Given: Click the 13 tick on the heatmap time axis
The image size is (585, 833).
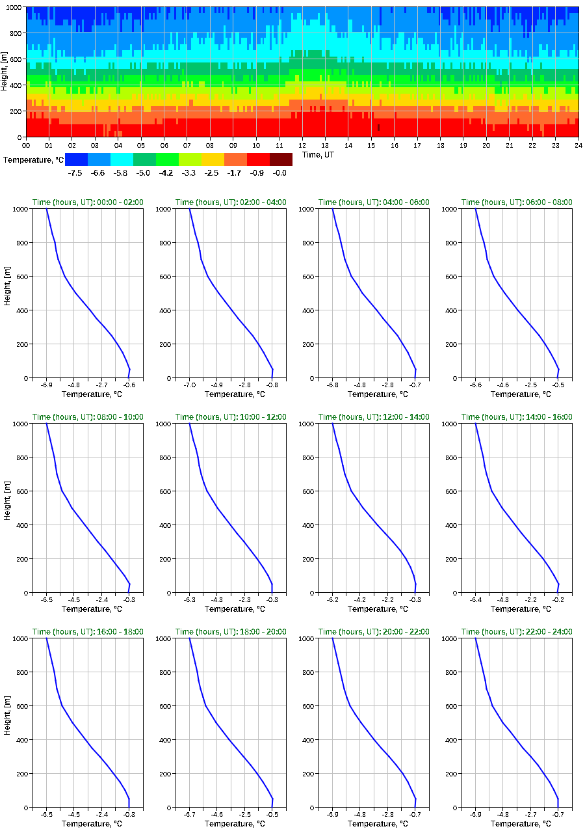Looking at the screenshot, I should [325, 145].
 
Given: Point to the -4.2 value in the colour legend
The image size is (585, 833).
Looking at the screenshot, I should [166, 172].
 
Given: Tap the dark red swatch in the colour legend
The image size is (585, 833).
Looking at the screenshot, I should [281, 159].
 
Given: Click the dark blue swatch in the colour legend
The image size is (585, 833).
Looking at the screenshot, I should [76, 159].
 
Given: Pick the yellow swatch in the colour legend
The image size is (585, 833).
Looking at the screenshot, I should [213, 159].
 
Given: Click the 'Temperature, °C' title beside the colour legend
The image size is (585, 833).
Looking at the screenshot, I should [32, 159].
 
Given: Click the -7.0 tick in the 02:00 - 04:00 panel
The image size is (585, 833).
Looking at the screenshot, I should [190, 386].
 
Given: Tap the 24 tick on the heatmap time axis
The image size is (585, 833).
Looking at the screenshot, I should [578, 145].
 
